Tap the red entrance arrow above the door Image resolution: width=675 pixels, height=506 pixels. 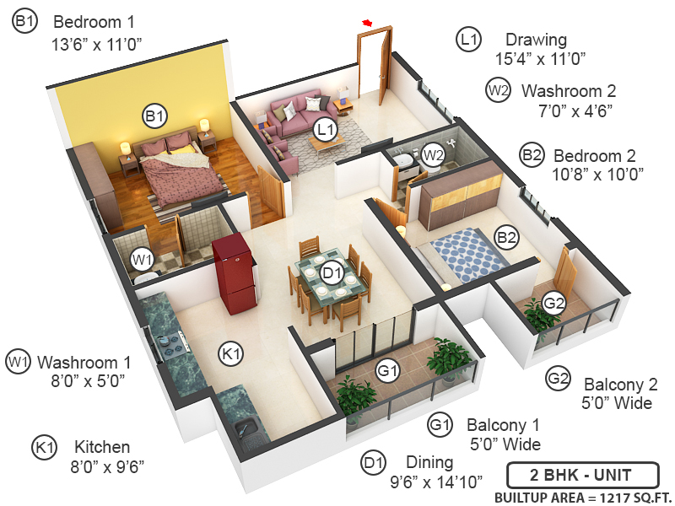pyautogui.click(x=367, y=22)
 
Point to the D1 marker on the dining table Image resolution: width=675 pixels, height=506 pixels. pyautogui.click(x=332, y=272)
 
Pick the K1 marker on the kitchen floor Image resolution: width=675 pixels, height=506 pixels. pyautogui.click(x=231, y=354)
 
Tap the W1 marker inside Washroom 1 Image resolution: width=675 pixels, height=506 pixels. pyautogui.click(x=143, y=258)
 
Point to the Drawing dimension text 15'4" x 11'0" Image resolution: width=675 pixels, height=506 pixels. pyautogui.click(x=540, y=58)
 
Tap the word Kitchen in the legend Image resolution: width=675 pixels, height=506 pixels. pyautogui.click(x=101, y=447)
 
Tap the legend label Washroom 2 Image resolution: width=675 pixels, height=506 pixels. pyautogui.click(x=568, y=90)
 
